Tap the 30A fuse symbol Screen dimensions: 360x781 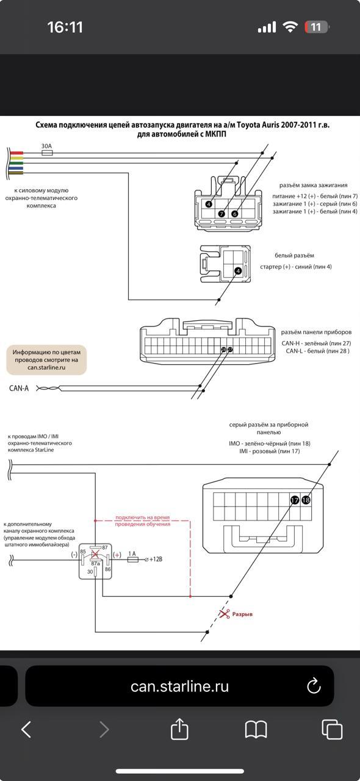[x=47, y=153]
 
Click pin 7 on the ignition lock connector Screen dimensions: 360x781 [x=221, y=214]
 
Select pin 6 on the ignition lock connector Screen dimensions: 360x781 [x=235, y=214]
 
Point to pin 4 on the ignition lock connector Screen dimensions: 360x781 [x=209, y=204]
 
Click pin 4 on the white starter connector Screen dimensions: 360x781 [x=238, y=271]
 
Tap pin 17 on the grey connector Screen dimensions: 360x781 [x=295, y=500]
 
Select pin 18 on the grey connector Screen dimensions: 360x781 [x=306, y=500]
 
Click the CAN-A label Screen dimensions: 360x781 [x=19, y=388]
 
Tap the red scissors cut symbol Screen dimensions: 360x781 [x=225, y=613]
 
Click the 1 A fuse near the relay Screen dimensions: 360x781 [x=132, y=560]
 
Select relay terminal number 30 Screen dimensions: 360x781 [x=90, y=572]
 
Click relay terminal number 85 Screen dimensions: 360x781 [x=82, y=552]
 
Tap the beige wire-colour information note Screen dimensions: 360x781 [x=46, y=360]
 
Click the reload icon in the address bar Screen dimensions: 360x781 [x=314, y=686]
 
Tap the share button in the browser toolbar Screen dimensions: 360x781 [x=179, y=729]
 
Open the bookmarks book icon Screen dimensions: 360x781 [x=256, y=729]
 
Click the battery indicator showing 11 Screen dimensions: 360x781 [x=317, y=27]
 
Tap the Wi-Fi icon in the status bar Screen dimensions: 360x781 [x=290, y=27]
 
